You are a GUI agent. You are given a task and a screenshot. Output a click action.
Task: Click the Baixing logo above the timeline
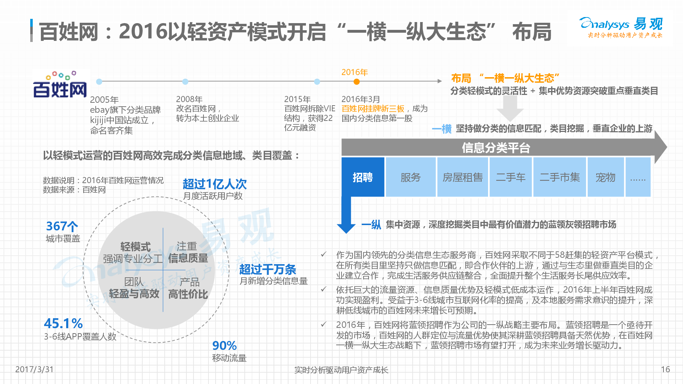[60, 84]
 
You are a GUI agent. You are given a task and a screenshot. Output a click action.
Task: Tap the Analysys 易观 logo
[621, 27]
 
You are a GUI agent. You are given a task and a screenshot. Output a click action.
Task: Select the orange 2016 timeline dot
[356, 82]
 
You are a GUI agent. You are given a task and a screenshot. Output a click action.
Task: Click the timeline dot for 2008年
[185, 82]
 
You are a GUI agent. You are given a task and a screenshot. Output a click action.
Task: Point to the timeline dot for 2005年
[99, 82]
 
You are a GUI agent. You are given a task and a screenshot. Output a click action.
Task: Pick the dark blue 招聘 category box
[363, 177]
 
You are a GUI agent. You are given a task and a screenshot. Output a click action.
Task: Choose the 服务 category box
[411, 177]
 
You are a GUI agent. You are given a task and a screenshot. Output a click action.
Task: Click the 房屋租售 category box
[462, 177]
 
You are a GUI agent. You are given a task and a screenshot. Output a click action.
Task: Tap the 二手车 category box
[510, 177]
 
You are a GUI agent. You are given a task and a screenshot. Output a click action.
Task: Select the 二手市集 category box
[560, 177]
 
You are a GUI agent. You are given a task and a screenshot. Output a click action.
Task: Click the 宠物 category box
[605, 177]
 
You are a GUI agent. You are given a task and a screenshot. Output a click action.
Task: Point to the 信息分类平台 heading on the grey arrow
[496, 148]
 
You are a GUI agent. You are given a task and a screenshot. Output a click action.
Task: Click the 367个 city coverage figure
[62, 226]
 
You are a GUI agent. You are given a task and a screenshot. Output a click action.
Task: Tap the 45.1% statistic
[63, 324]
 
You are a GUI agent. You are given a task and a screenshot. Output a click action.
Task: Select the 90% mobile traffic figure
[224, 346]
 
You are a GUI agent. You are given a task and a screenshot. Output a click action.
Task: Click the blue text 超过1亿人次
[215, 184]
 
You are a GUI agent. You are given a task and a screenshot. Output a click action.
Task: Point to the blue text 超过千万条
[268, 269]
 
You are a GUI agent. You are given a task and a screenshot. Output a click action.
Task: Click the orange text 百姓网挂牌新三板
[373, 108]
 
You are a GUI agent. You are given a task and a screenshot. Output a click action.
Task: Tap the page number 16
[665, 369]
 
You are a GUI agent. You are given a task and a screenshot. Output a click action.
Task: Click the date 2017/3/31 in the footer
[34, 369]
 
